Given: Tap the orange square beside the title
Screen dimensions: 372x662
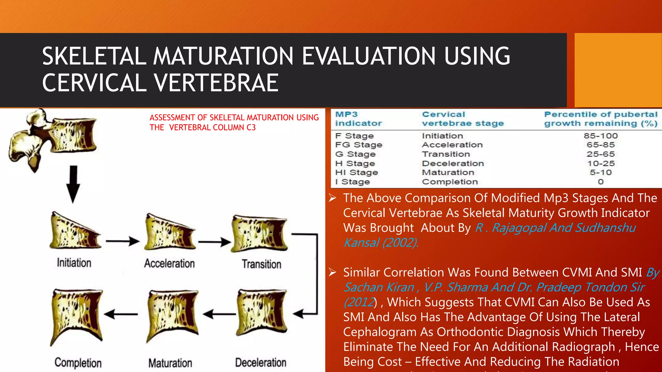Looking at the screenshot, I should (x=618, y=70).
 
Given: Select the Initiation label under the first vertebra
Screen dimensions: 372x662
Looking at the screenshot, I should (x=74, y=263).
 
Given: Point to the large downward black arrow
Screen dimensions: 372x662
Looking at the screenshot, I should (x=73, y=184).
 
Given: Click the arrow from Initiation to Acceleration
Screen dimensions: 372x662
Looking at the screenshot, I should (x=123, y=241).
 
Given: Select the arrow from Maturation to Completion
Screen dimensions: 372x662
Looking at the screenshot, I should (x=121, y=314).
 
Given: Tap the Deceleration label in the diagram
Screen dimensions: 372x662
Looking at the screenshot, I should (x=261, y=363).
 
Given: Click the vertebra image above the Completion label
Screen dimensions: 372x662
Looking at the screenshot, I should (x=77, y=316).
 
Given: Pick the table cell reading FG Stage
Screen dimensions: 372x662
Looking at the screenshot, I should (x=358, y=145).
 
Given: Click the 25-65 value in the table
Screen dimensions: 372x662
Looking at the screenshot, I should (x=601, y=154).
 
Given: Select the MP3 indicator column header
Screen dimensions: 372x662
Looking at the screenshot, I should (x=358, y=119).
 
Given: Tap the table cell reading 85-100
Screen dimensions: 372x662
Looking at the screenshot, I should (x=601, y=136).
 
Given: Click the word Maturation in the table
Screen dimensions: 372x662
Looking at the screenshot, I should (x=448, y=173).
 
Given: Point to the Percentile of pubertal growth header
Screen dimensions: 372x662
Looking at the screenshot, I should (x=601, y=119).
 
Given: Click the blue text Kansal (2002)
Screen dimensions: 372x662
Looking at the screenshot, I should (x=381, y=243).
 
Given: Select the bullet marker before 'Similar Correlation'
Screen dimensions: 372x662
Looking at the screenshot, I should (x=333, y=273).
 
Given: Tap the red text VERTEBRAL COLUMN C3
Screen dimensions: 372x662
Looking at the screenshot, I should (x=212, y=128).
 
